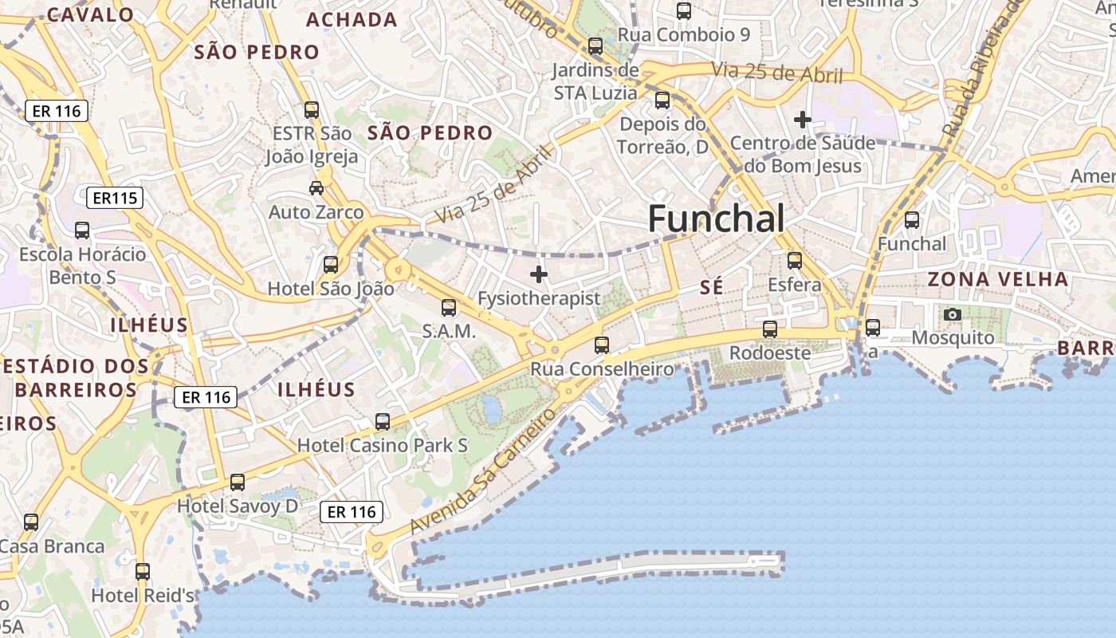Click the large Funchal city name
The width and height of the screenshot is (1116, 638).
coord(716,219)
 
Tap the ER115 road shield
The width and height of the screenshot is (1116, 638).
coord(116,198)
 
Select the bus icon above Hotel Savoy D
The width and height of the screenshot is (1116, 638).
coord(238,482)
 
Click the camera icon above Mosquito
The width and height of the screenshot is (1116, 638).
coord(952,315)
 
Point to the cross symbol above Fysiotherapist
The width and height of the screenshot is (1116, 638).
coord(539,274)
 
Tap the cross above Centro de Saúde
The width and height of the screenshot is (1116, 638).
coord(802,120)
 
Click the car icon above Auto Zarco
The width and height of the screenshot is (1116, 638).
coord(316,188)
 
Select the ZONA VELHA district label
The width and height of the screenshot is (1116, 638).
coord(997,279)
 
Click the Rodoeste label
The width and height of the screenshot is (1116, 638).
coord(770,352)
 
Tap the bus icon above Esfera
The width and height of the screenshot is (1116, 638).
coord(794,261)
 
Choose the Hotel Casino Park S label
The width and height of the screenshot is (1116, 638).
coord(383,445)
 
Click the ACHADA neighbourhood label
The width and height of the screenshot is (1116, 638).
coord(352,20)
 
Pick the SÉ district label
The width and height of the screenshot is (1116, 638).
coord(711,287)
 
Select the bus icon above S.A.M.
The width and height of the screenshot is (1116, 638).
coord(449,307)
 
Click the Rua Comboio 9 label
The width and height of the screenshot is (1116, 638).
coord(684,34)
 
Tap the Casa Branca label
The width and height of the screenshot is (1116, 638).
coord(53,546)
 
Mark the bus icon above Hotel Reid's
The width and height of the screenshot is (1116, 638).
coord(143,572)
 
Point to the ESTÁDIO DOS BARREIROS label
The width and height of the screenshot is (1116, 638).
coord(76,378)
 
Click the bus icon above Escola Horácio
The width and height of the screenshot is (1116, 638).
coord(82,230)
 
